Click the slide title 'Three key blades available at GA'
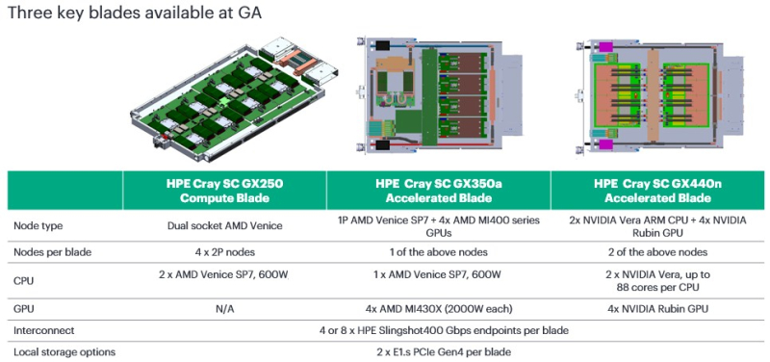click(134, 13)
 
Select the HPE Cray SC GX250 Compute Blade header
click(224, 190)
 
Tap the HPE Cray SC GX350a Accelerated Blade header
click(438, 190)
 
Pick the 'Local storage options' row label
click(64, 351)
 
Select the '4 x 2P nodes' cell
click(224, 251)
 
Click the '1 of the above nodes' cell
click(438, 251)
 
